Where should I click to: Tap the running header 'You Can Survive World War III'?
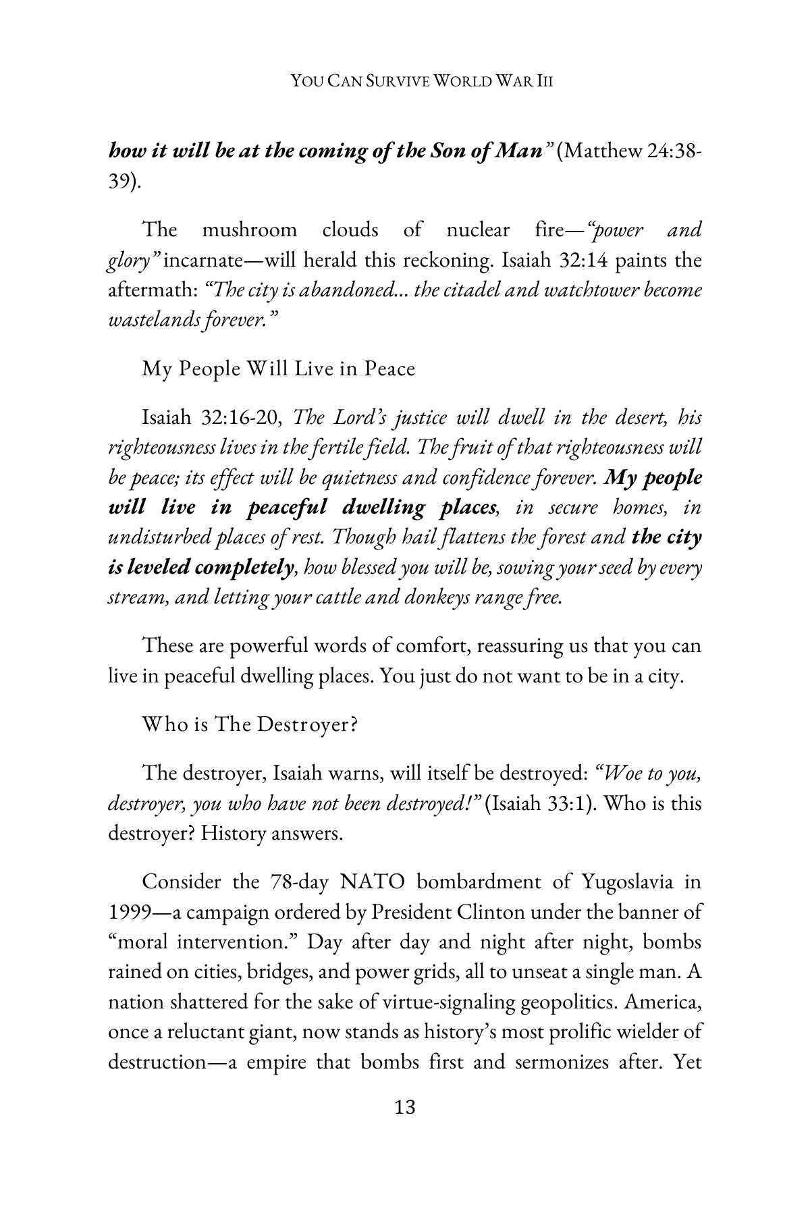pos(422,82)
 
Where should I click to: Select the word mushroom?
pos(249,230)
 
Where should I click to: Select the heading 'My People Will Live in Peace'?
pos(278,369)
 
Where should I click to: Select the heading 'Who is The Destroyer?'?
pos(249,725)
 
